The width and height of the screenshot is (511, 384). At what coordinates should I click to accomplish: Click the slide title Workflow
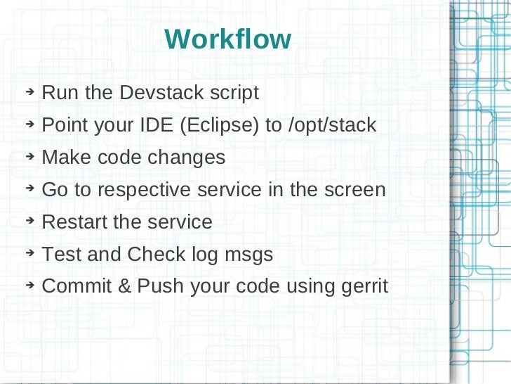(x=227, y=39)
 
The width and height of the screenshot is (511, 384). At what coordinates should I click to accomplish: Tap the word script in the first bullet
(x=234, y=93)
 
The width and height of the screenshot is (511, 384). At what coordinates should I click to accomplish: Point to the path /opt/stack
(x=332, y=126)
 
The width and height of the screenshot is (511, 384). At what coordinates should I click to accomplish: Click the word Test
(x=62, y=255)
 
